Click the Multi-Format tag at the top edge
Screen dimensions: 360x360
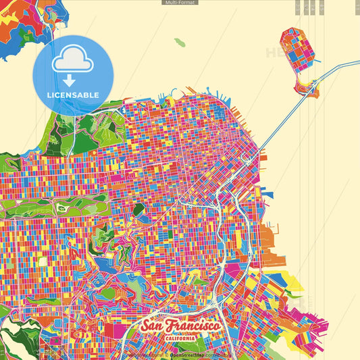pos(180,3)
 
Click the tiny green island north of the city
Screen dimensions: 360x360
pos(179,43)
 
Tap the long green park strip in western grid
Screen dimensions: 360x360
pos(54,205)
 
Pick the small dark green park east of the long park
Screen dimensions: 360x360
pos(138,210)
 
